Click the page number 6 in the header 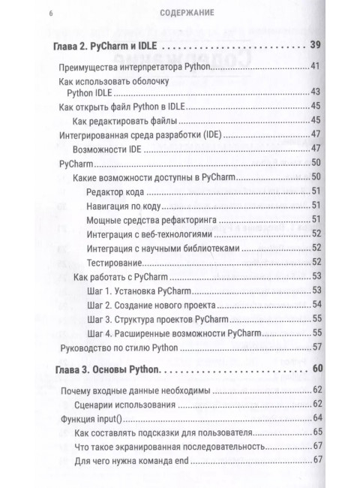pyautogui.click(x=50, y=13)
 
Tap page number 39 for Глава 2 pyautogui.click(x=315, y=47)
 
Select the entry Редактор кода pyautogui.click(x=119, y=192)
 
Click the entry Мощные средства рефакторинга pyautogui.click(x=154, y=219)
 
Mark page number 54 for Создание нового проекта pyautogui.click(x=316, y=304)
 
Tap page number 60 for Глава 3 pyautogui.click(x=315, y=369)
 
